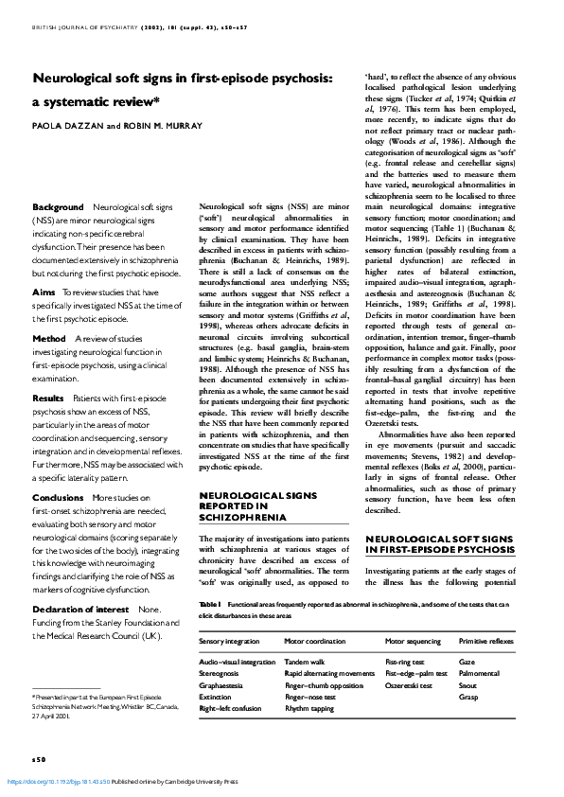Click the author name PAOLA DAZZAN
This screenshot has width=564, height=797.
64,124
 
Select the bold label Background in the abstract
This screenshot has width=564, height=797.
58,206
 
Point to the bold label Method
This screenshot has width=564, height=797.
49,310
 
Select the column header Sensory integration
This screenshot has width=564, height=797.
232,641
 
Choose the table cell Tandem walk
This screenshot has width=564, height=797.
305,663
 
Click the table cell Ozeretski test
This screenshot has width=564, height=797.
409,685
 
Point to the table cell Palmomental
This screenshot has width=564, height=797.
480,674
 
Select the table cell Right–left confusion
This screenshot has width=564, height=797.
230,708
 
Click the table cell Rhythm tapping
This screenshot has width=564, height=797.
309,708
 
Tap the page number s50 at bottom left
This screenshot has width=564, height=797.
38,759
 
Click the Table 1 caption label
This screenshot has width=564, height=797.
209,605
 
